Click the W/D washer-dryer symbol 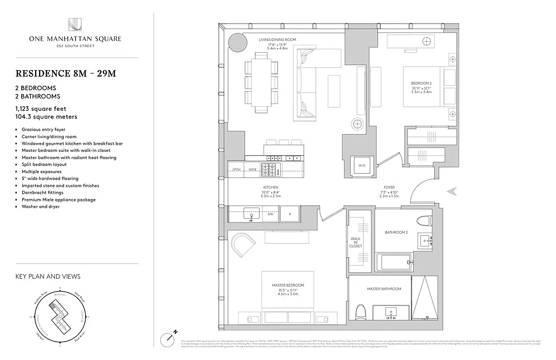point(361,165)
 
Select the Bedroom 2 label point(421,83)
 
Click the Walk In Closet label point(356,242)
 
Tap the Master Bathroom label point(384,289)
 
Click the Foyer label point(389,188)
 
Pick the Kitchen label point(271,188)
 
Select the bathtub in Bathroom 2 point(394,262)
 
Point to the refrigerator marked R point(289,213)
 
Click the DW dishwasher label point(270,213)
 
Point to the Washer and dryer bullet point(40,206)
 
